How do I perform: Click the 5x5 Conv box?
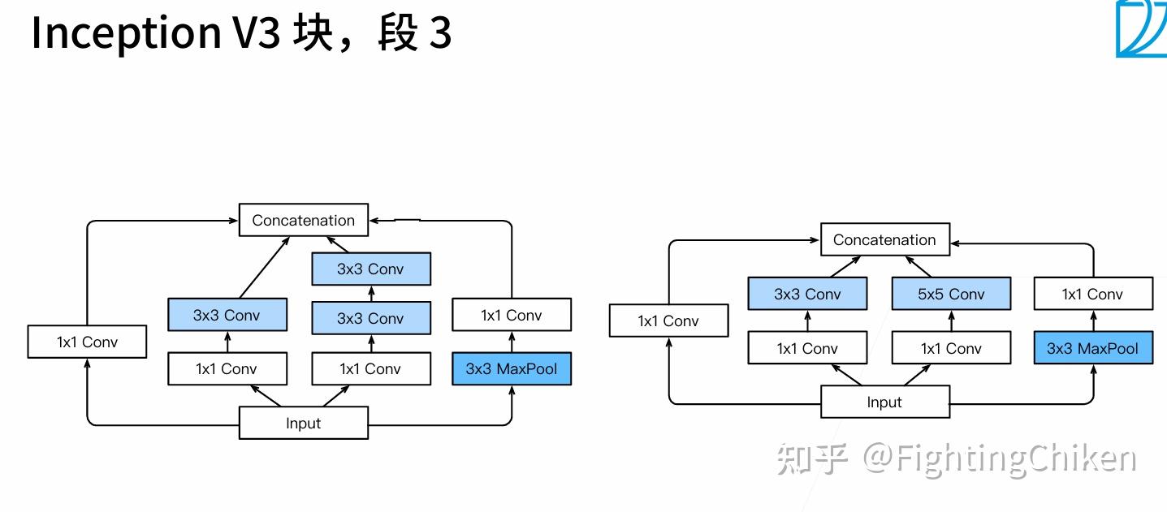[951, 294]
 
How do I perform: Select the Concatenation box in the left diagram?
[303, 220]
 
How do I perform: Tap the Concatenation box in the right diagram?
[884, 240]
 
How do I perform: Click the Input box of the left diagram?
[303, 423]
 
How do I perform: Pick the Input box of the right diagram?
[884, 402]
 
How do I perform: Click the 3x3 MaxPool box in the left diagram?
[512, 368]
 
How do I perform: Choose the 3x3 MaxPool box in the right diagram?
[1092, 348]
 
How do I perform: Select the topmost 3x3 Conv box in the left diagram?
[370, 269]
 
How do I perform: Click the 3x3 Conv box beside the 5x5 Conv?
[807, 294]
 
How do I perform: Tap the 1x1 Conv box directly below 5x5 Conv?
[951, 348]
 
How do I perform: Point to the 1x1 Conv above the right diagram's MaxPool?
[1092, 294]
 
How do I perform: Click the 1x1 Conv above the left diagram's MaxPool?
[512, 315]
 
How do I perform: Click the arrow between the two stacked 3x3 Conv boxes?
[371, 292]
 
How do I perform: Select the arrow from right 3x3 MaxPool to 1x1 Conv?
[1093, 321]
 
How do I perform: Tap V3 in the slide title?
[257, 32]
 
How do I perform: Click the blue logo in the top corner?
[1141, 28]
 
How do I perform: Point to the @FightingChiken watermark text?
[999, 458]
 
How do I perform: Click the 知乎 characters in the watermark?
[812, 458]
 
